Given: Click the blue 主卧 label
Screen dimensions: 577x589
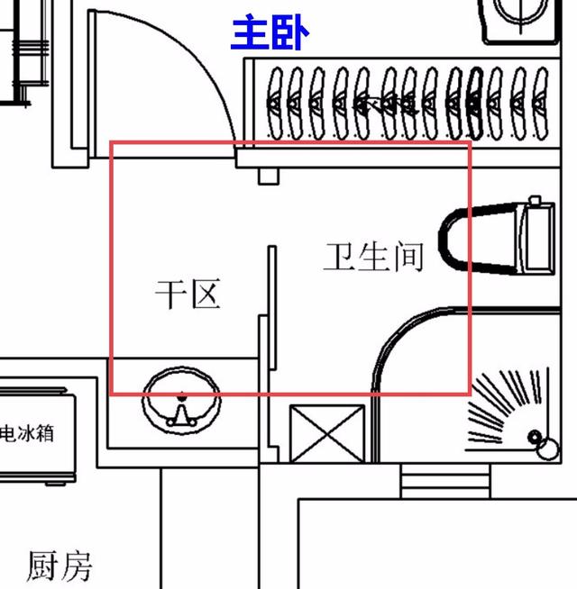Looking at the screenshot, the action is [x=270, y=32].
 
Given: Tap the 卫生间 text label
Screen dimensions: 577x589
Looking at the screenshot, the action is [x=373, y=257].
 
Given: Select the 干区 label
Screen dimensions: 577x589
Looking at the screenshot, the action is [x=188, y=294].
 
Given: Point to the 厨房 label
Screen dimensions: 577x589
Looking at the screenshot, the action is [x=60, y=566].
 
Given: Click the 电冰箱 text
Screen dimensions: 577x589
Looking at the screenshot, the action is [x=27, y=433].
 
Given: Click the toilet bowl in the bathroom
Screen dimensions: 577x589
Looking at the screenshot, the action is [x=479, y=239].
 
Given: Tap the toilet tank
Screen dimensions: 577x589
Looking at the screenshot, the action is [x=537, y=237].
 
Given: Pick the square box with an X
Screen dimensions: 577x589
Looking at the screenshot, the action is [x=327, y=433].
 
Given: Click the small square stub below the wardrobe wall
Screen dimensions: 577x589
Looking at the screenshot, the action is [x=269, y=177].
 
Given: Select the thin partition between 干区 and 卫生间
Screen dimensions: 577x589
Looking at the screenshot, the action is [x=272, y=308].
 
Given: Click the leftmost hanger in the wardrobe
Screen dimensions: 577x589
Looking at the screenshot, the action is [x=275, y=103].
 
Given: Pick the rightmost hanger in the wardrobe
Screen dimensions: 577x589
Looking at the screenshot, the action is [x=540, y=103].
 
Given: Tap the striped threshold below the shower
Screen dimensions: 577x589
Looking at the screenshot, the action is [x=445, y=481].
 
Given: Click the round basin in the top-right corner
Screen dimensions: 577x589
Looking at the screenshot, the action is [x=520, y=12].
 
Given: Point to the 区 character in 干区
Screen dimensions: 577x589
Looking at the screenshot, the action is [x=206, y=294].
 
